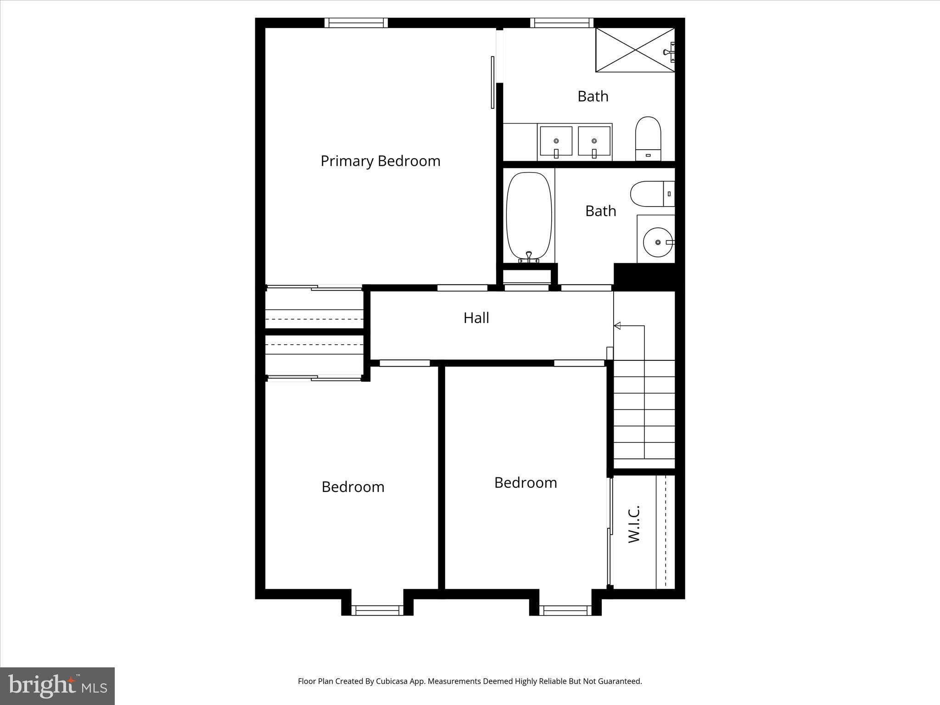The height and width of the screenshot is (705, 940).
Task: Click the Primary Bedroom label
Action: [380, 161]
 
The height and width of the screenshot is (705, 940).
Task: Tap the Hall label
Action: [476, 318]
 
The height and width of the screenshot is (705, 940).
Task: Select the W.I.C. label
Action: [634, 524]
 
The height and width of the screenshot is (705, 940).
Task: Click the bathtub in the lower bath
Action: [529, 216]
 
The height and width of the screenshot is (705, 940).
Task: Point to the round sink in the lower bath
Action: [658, 242]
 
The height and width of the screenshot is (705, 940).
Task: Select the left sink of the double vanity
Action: [556, 142]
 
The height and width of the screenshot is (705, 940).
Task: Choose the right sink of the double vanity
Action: [594, 142]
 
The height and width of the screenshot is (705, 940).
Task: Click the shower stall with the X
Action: [635, 50]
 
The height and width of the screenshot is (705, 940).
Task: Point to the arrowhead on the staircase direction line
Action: [617, 326]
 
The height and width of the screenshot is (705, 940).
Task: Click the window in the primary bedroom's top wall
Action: [356, 23]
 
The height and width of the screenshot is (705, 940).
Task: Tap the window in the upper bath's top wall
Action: [561, 23]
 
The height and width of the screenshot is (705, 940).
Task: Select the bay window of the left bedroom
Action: [377, 610]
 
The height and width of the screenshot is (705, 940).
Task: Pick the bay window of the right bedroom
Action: [565, 610]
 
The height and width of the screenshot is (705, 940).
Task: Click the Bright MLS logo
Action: [57, 686]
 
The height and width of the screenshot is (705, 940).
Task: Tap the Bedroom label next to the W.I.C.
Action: [525, 482]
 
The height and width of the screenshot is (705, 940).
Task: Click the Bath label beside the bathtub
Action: [600, 211]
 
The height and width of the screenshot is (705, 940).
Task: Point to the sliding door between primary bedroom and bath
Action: [492, 83]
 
